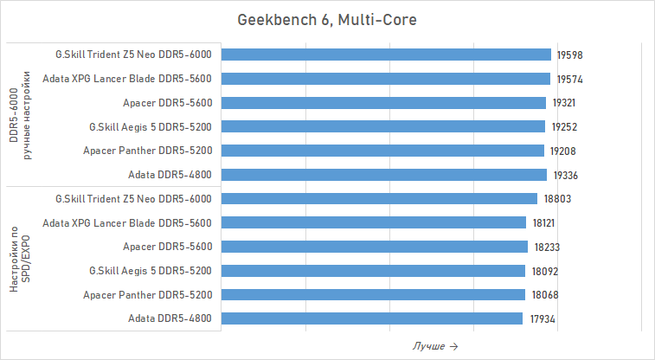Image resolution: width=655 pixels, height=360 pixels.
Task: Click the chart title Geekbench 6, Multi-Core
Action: tap(327, 19)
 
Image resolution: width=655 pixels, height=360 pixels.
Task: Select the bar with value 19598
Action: tap(386, 55)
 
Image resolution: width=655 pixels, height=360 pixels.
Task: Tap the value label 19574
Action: tap(568, 79)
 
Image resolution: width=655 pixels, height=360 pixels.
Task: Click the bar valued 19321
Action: tap(383, 103)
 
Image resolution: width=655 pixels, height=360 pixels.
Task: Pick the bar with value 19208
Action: tap(382, 151)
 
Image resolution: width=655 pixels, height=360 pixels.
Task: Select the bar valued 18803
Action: tap(379, 198)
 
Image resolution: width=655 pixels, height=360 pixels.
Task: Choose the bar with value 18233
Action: tap(374, 247)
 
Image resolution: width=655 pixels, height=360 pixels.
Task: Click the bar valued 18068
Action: tap(372, 294)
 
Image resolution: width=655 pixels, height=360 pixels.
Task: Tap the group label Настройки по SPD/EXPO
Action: tap(20, 259)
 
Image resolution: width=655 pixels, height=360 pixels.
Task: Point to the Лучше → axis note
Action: tap(434, 346)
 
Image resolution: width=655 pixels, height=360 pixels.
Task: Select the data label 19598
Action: tap(569, 55)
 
